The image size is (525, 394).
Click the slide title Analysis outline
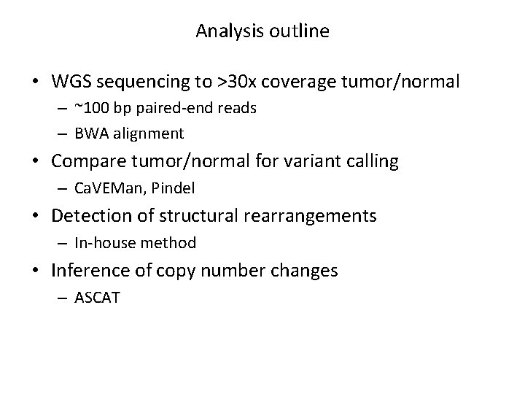click(x=262, y=31)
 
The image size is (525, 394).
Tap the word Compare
click(x=85, y=161)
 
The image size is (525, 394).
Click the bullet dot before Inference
click(x=42, y=271)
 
